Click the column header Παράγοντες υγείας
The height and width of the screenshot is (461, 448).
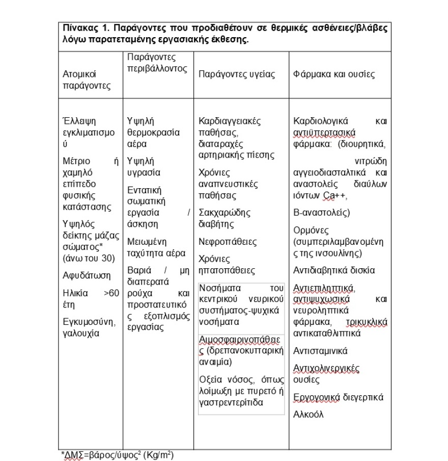pos(236,74)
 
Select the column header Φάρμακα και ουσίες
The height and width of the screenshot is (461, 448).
pos(334,74)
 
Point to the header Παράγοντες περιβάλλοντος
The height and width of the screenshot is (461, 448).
pos(157,63)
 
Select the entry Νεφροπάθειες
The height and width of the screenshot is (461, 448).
pos(228,241)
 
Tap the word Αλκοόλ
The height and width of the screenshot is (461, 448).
pos(309,415)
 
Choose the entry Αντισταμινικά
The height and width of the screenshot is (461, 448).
pos(320,351)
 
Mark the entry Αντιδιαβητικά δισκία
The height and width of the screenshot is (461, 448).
pos(334,270)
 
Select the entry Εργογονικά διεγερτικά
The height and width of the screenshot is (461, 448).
pos(339,397)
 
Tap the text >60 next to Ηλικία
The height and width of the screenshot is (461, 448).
pos(111,293)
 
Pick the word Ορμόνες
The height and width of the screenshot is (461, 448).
pos(311,230)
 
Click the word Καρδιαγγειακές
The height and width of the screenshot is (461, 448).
pos(230,121)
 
